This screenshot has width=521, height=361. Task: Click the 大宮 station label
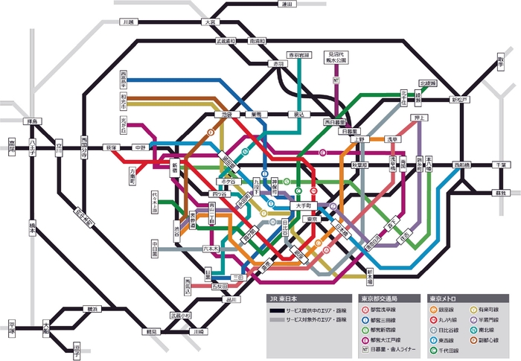pyautogui.click(x=211, y=22)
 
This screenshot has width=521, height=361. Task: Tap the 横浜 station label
pyautogui.click(x=92, y=308)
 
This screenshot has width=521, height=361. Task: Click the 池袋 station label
pyautogui.click(x=228, y=115)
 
